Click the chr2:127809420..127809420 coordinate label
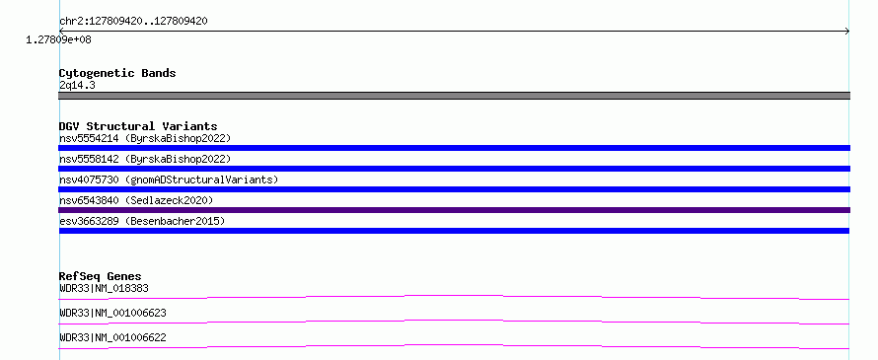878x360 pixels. coord(133,22)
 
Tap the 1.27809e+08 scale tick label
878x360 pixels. coord(59,39)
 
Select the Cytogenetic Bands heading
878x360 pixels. coord(117,73)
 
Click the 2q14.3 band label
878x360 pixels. coord(77,86)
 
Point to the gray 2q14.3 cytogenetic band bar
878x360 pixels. coord(454,96)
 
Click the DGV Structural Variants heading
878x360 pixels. coord(138,126)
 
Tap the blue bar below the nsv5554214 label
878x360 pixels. coord(454,148)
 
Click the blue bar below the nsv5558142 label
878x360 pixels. coord(454,169)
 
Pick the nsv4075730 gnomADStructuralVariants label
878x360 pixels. coord(169,180)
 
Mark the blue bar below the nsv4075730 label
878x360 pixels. coord(454,189)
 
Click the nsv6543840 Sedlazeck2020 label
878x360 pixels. coord(136,200)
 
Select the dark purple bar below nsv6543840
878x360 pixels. coord(454,210)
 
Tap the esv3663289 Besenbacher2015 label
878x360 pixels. coord(142,221)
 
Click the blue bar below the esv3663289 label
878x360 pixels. coord(454,231)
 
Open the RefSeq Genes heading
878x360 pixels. coord(101,276)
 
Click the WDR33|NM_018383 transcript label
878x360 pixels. coord(104,289)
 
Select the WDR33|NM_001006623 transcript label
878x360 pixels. coord(112,313)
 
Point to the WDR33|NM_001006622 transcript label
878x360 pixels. coord(112,338)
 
